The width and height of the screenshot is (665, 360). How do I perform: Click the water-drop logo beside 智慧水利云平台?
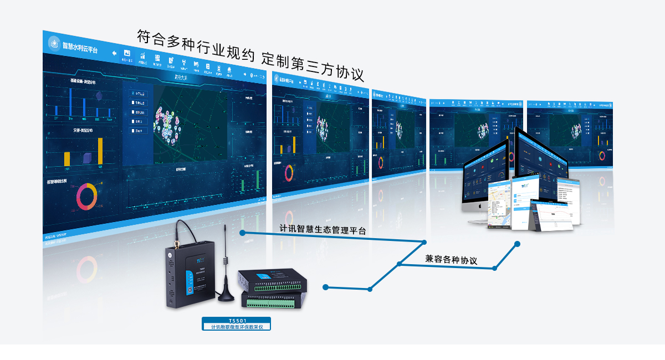click(54, 42)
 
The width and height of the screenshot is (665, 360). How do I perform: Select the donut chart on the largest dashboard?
click(86, 196)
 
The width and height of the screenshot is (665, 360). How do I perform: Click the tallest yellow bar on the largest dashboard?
click(100, 151)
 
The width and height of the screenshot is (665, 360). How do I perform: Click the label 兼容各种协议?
click(451, 259)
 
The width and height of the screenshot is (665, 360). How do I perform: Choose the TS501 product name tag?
click(237, 321)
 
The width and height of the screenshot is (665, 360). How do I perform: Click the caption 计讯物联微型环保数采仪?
click(237, 327)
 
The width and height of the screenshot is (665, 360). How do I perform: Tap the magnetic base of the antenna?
click(226, 296)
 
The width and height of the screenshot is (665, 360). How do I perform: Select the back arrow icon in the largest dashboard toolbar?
click(115, 53)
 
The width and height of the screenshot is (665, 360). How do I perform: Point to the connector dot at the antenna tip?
click(242, 233)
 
